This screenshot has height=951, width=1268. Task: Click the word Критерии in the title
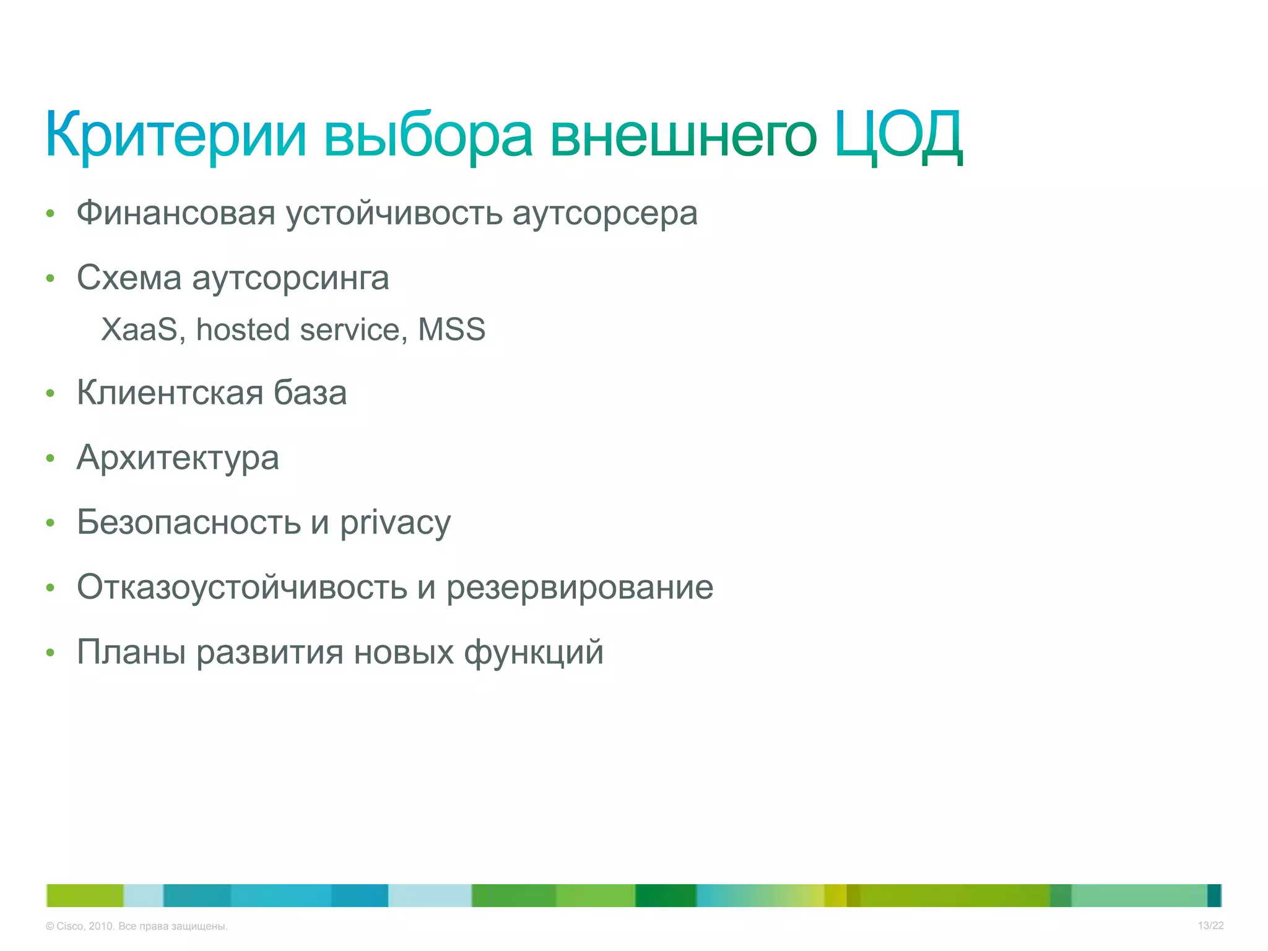click(176, 134)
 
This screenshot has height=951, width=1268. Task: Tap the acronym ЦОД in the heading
click(898, 134)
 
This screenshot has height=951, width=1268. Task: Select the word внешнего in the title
click(683, 134)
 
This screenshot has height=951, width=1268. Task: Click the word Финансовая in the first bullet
click(176, 214)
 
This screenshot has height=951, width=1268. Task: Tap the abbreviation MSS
click(451, 329)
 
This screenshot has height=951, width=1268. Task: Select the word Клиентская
click(170, 393)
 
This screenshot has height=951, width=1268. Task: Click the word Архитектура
click(178, 459)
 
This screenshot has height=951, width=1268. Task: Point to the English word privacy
click(395, 524)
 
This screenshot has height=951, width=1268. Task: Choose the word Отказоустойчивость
click(242, 587)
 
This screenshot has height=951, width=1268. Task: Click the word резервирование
click(580, 588)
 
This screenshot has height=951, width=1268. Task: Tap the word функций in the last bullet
click(533, 653)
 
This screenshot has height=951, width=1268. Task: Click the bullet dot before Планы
click(51, 653)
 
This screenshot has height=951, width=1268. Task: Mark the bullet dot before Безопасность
click(51, 523)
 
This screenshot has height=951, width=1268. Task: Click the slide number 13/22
click(1210, 926)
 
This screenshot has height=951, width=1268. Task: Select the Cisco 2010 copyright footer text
click(137, 926)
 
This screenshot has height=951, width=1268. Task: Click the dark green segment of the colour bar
click(666, 895)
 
